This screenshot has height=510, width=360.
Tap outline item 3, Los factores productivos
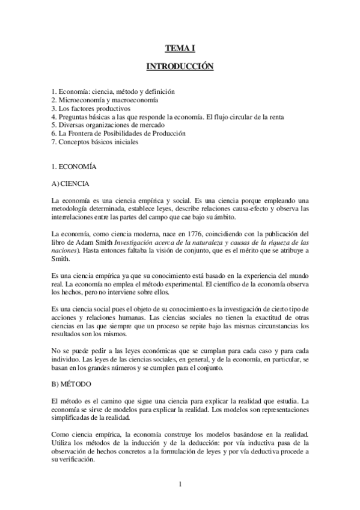pyautogui.click(x=91, y=108)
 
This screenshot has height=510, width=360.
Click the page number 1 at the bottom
pyautogui.click(x=180, y=483)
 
